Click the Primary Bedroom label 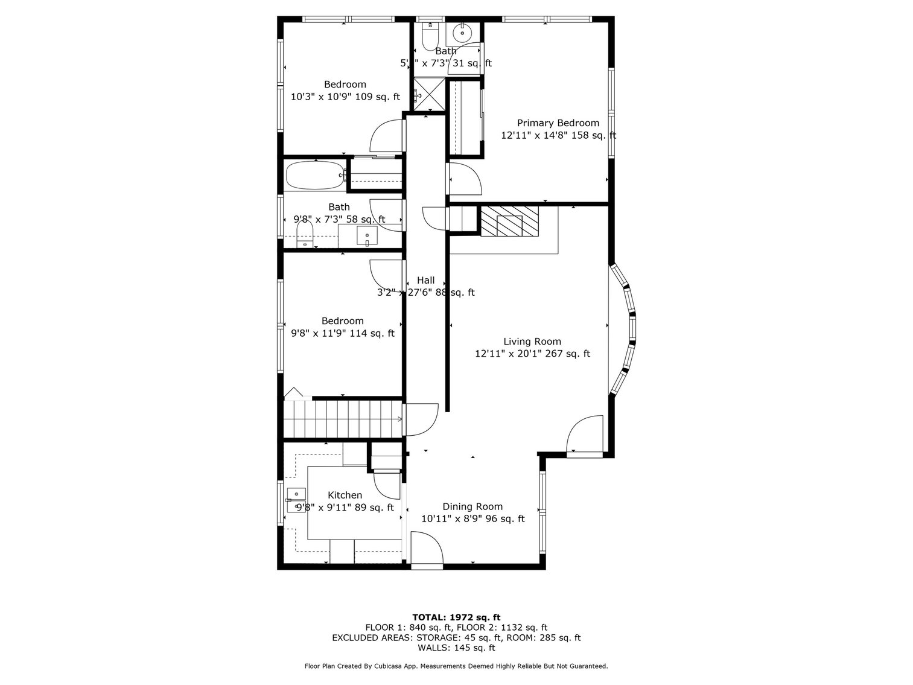tap(558, 123)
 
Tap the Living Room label tap(532, 342)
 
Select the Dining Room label tap(472, 507)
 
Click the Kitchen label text tap(345, 495)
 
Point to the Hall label tap(425, 280)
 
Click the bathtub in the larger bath tap(314, 175)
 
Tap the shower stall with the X tap(428, 94)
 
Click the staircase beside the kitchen tap(342, 419)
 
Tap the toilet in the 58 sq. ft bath tap(305, 234)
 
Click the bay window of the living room tap(625, 329)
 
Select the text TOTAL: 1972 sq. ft tap(456, 617)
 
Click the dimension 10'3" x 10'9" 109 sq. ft tap(345, 97)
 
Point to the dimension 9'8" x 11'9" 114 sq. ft tap(343, 333)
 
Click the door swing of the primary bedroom tap(463, 177)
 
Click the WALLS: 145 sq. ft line tap(456, 648)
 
